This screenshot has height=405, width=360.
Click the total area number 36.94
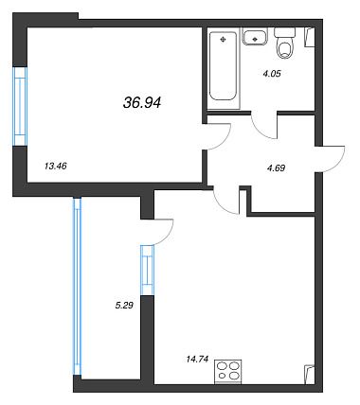pos(142,103)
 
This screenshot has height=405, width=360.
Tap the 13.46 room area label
pos(56,167)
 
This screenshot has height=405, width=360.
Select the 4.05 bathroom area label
pos(271,74)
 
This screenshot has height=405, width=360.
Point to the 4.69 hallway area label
pos(276,168)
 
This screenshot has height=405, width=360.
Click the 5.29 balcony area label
pos(124,305)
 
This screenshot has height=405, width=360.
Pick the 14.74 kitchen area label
pos(197,359)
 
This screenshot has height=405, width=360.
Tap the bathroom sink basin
pos(255,37)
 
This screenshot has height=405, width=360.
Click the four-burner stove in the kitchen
pos(228,372)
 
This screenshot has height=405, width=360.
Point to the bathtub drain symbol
pos(223,39)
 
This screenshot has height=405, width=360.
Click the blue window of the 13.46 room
pos(20,106)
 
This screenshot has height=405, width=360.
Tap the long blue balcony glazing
pos(77,286)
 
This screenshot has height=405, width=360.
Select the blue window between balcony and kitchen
pos(147,270)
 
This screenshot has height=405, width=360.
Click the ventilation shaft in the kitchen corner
pos(310,375)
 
